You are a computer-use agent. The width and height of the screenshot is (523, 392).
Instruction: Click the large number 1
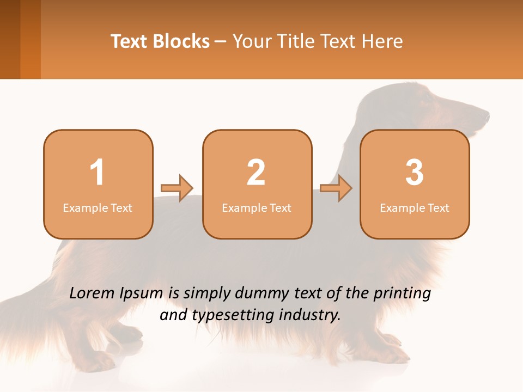point(97,173)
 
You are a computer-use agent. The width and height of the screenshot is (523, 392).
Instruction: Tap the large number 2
point(256,173)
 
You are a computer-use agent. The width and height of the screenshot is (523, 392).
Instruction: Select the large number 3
point(415,173)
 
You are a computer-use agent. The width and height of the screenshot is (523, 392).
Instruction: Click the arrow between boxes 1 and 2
point(177,188)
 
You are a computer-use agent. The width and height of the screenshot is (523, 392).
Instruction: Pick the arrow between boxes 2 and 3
point(336,188)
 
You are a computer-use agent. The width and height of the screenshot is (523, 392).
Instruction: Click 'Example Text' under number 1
point(98,207)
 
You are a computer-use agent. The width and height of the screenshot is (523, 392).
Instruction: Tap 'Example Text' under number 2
point(257,207)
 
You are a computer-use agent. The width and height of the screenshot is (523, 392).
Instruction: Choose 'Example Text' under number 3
point(415,207)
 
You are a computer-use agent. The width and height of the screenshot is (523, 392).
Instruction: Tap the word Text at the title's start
point(130,41)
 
